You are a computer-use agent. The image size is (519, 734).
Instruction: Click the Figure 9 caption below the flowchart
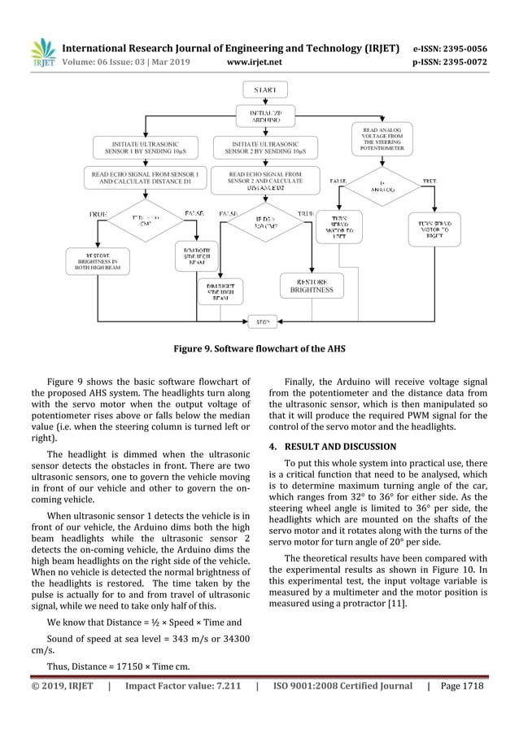pos(259,348)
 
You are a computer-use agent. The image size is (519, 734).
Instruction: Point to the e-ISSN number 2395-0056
pos(460,48)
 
